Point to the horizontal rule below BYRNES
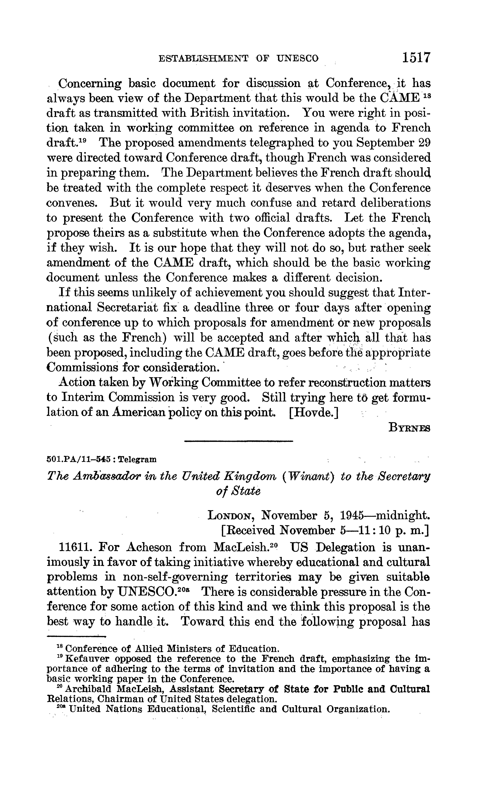tap(239, 442)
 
